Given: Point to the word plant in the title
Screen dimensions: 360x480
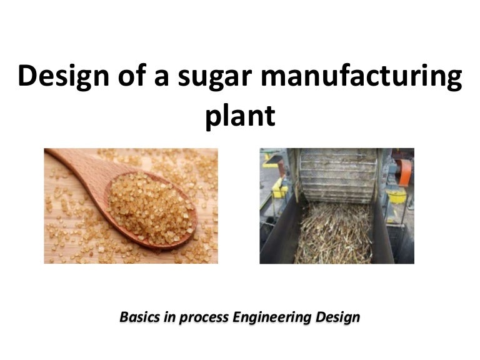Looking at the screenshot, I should tap(240, 116).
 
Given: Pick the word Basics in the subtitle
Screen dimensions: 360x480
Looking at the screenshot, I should tap(141, 317).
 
